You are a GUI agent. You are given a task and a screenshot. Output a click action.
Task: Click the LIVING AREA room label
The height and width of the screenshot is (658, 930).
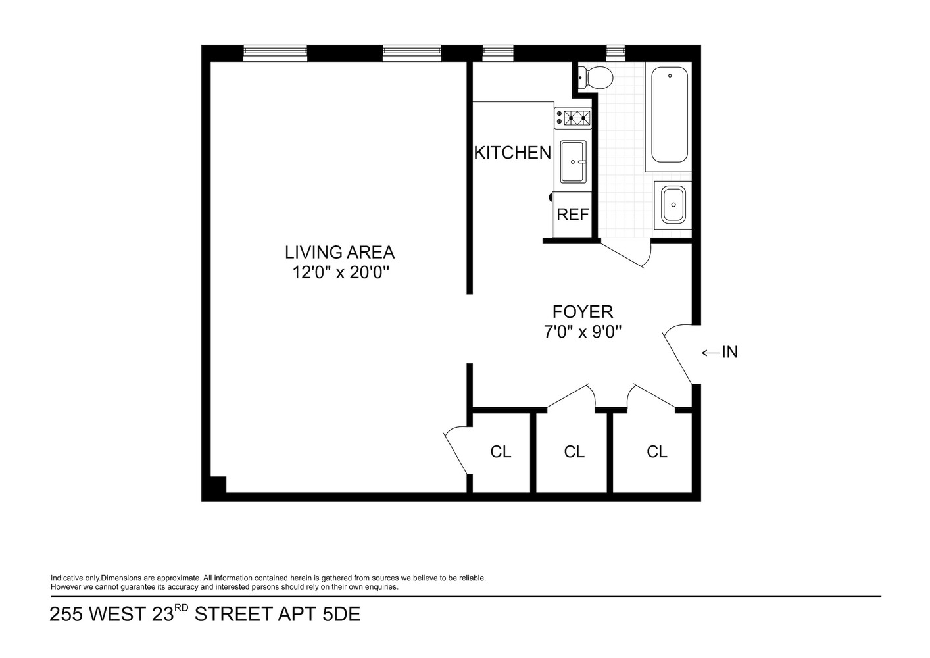[339, 252]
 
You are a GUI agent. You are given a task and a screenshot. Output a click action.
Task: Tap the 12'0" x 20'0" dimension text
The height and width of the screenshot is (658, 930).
[339, 273]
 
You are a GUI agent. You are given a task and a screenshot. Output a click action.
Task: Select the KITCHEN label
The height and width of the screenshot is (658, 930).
[512, 153]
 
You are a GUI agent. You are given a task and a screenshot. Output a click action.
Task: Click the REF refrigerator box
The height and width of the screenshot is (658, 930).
[573, 215]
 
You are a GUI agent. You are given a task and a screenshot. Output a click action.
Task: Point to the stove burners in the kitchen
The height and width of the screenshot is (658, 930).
[574, 118]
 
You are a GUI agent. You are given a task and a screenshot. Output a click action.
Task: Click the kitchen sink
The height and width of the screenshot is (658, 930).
[573, 161]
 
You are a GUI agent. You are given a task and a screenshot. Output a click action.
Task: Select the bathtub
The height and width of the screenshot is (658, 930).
[670, 115]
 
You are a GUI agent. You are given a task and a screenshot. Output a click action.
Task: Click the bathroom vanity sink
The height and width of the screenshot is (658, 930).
[673, 203]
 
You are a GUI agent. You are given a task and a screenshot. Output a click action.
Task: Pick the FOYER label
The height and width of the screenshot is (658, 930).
[582, 311]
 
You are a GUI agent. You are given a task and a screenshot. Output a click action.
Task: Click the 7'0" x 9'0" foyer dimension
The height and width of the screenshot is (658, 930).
[582, 332]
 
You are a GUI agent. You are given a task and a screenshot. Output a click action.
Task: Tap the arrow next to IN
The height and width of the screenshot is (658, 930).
[710, 353]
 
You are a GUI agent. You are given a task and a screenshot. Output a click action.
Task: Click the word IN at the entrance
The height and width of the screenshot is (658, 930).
[730, 353]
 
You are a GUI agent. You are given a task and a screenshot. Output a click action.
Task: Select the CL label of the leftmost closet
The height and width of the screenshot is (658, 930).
[501, 452]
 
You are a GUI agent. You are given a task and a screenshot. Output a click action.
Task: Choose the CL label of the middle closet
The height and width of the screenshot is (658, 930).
[574, 452]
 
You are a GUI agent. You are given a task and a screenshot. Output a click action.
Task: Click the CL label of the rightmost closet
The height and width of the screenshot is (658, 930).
[656, 452]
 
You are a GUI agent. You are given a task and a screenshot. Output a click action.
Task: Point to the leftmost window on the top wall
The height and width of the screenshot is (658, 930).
[275, 53]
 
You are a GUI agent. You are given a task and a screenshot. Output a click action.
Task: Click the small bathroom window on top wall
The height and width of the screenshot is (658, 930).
[615, 52]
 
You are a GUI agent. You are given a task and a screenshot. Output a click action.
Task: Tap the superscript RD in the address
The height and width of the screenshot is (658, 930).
[182, 608]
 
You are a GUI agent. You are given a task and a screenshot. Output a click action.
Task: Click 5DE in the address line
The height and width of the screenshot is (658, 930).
[339, 615]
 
